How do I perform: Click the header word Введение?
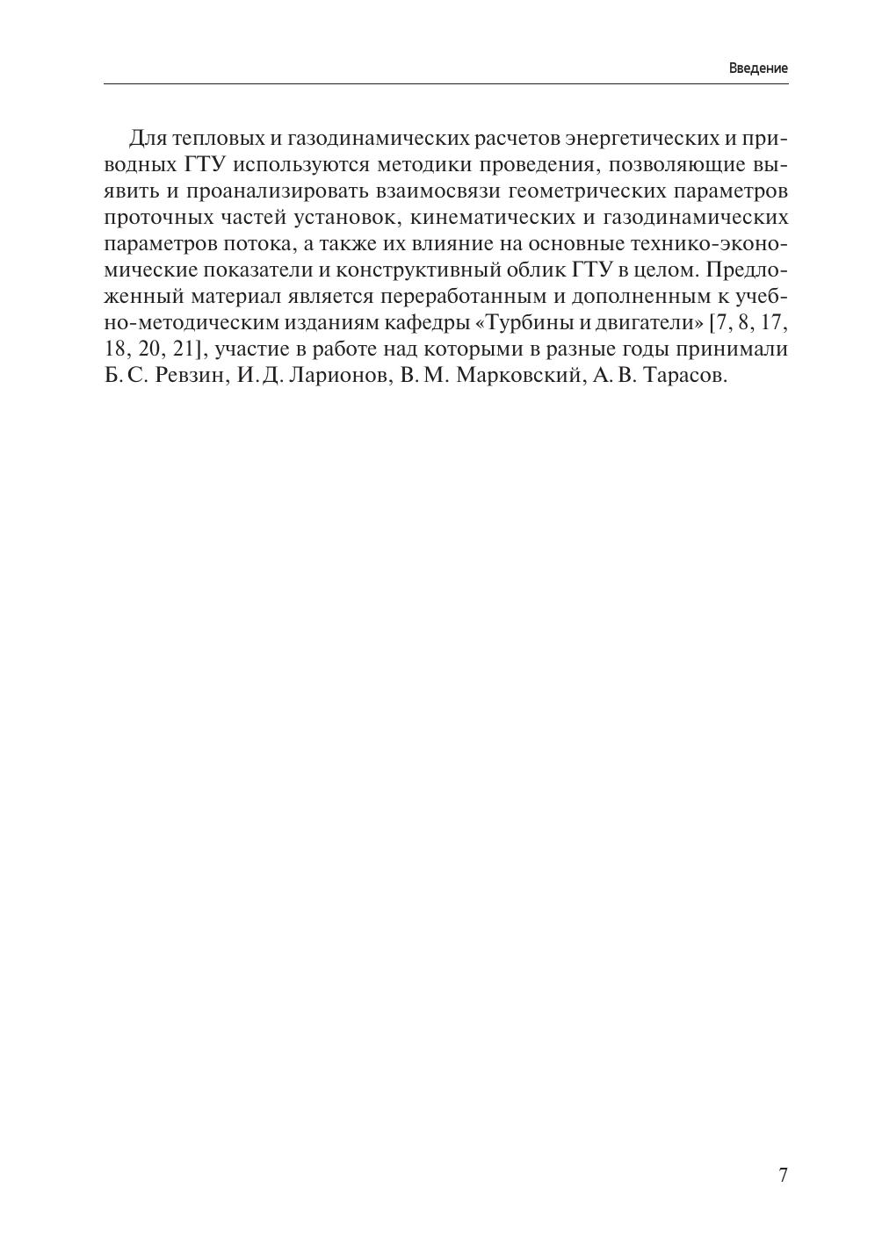(758, 68)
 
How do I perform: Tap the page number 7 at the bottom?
(783, 1176)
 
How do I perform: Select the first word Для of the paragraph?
(148, 139)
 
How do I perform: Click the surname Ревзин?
(191, 376)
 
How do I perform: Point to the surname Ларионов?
(334, 376)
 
